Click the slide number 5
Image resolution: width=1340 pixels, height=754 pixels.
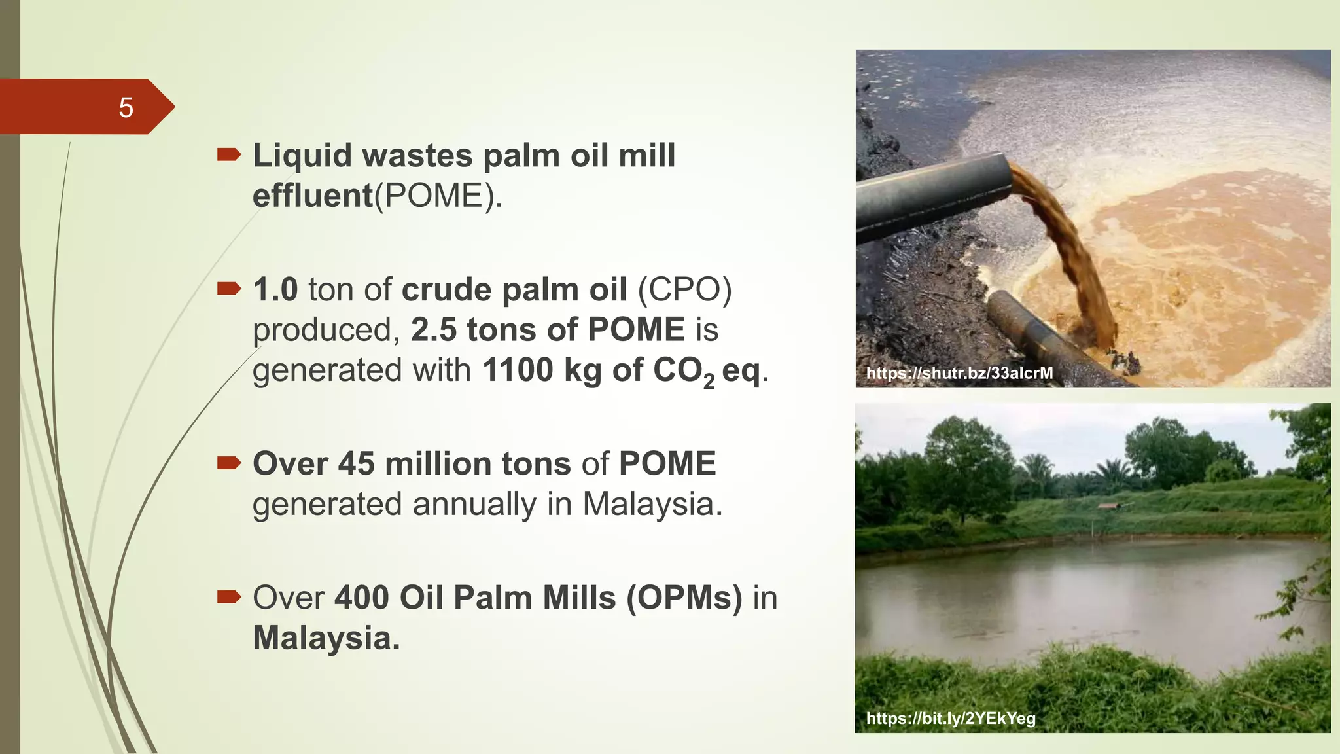pyautogui.click(x=126, y=107)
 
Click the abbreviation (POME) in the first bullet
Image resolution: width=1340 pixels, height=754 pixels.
pyautogui.click(x=437, y=196)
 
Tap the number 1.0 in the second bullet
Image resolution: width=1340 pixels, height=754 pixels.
pyautogui.click(x=275, y=289)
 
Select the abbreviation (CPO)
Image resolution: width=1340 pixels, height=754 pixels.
pyautogui.click(x=684, y=289)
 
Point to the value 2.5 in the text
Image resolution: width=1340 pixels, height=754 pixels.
pyautogui.click(x=433, y=329)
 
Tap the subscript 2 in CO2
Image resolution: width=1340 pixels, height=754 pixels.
pyautogui.click(x=709, y=381)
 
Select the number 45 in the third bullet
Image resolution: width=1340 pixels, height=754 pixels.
pyautogui.click(x=356, y=464)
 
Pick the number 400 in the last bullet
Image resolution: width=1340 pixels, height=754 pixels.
pyautogui.click(x=362, y=598)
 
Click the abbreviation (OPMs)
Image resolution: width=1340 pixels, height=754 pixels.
pyautogui.click(x=684, y=598)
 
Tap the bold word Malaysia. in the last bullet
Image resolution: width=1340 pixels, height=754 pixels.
pyautogui.click(x=326, y=638)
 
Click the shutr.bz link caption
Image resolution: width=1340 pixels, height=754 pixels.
pyautogui.click(x=959, y=373)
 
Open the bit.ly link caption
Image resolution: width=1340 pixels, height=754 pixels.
pyautogui.click(x=951, y=719)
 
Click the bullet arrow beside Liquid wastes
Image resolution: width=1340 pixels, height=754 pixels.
pyautogui.click(x=228, y=154)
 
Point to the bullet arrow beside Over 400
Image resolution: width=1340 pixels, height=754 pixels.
pyautogui.click(x=228, y=596)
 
